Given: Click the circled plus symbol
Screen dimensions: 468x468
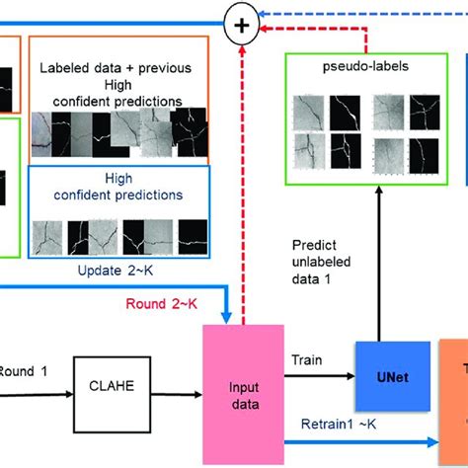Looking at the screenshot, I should pos(238,21).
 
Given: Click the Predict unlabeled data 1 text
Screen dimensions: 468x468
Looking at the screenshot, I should pos(331,259).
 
